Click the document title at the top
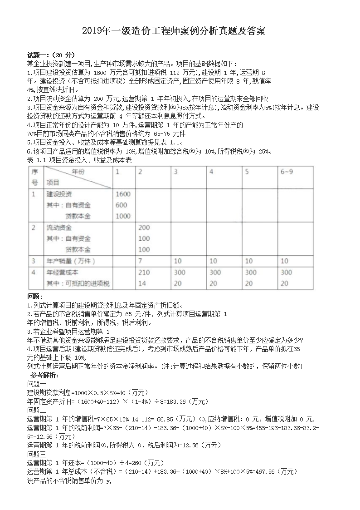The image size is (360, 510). click(x=180, y=31)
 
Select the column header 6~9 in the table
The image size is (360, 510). click(x=287, y=172)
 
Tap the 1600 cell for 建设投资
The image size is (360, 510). click(x=123, y=194)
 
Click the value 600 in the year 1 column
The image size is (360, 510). click(x=121, y=205)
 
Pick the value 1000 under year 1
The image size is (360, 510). click(x=123, y=216)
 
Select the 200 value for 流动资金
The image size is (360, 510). click(x=144, y=227)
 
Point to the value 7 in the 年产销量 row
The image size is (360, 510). click(x=141, y=261)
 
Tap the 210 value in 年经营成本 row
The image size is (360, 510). click(x=144, y=272)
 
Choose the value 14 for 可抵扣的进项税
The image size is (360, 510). click(x=142, y=283)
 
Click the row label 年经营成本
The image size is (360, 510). click(x=63, y=272)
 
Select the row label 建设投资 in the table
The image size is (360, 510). click(x=59, y=194)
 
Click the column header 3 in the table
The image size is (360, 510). click(x=176, y=172)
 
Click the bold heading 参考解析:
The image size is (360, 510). click(x=44, y=376)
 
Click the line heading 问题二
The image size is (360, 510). click(x=37, y=410)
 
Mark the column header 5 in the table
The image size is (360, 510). click(x=247, y=172)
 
